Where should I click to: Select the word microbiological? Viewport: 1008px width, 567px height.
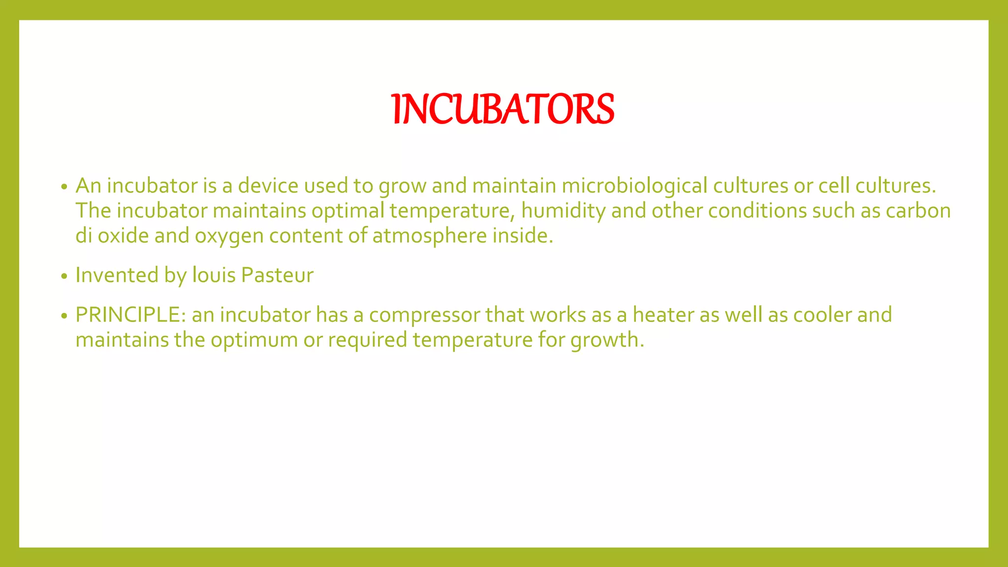[x=634, y=186]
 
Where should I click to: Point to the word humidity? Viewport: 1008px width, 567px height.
[x=563, y=211]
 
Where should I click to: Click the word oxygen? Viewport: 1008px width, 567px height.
[x=229, y=236]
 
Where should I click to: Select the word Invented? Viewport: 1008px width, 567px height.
[x=117, y=275]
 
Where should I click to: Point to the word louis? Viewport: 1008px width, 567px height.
[x=214, y=275]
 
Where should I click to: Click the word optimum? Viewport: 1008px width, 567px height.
[x=254, y=340]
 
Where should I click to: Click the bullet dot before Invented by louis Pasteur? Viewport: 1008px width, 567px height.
[x=63, y=277]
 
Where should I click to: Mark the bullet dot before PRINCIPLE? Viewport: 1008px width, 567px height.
[x=63, y=316]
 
